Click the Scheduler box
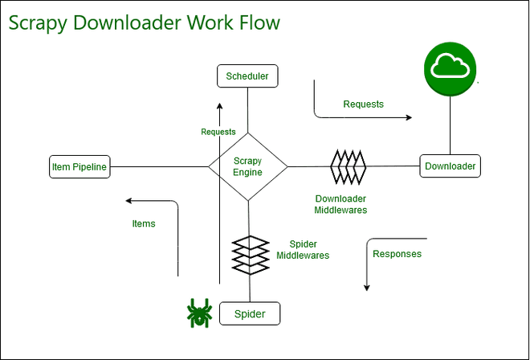pos(247,76)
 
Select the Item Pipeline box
pos(79,167)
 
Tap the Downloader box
pos(450,166)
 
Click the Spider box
pos(249,313)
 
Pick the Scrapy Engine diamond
pos(247,167)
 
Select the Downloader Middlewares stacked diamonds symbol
pos(348,166)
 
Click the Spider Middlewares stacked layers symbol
pos(249,254)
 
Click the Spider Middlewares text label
pos(303,249)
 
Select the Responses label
pos(397,254)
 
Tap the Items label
pos(144,223)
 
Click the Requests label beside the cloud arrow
pos(363,104)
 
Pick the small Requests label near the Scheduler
pos(218,132)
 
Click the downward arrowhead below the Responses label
pos(366,287)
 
